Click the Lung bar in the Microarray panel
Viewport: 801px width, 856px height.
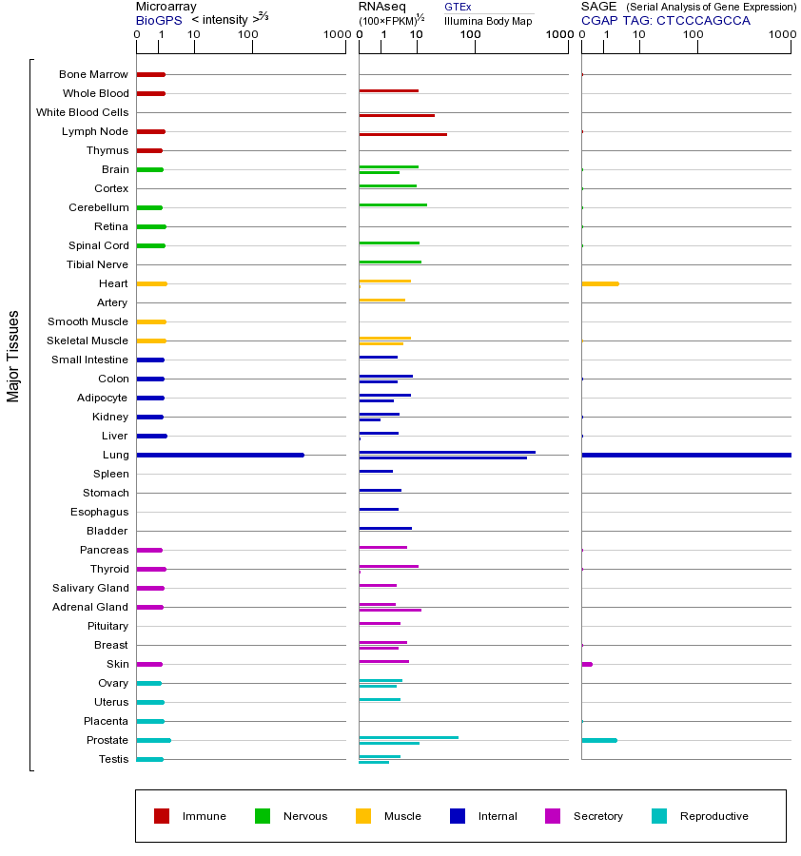point(220,455)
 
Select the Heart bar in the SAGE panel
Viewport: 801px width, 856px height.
point(599,283)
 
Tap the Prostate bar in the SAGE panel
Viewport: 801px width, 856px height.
point(598,740)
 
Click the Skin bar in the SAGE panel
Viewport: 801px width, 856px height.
point(587,664)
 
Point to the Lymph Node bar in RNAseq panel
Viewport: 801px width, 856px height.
point(402,134)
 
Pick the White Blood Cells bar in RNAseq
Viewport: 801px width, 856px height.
point(397,115)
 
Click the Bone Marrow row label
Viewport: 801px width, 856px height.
point(93,74)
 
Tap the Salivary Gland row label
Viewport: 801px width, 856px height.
point(90,588)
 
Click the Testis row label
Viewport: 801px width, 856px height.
point(112,759)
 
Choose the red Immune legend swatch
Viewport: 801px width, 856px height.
point(162,816)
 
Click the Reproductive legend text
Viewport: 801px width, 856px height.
point(713,816)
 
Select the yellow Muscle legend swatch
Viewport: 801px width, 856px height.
point(363,816)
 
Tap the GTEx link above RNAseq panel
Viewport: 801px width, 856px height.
point(458,7)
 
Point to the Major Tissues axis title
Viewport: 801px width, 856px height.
point(13,356)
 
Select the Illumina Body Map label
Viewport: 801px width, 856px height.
point(488,20)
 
